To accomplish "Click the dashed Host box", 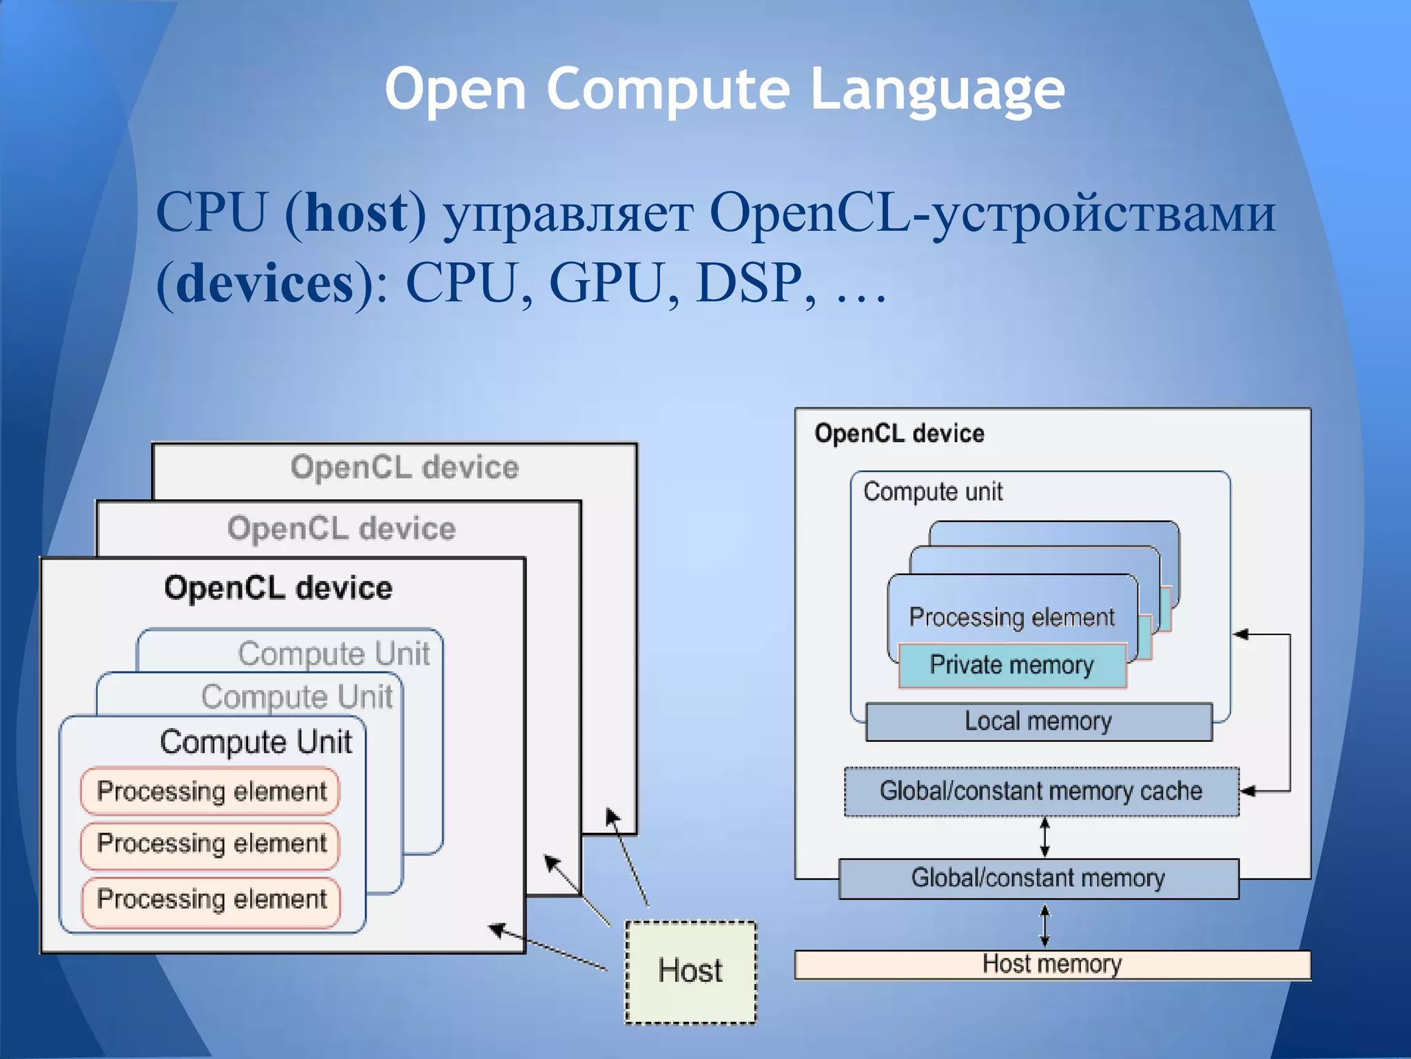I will [x=690, y=972].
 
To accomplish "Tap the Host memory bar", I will [x=1052, y=965].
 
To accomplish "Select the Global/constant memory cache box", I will [x=1040, y=791].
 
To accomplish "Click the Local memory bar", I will [x=1038, y=722].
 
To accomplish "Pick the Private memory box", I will [x=1011, y=665].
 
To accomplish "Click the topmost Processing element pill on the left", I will [x=210, y=791].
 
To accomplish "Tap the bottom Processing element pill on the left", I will [x=210, y=900].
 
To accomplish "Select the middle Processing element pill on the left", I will [x=210, y=844].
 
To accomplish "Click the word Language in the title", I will [x=937, y=90].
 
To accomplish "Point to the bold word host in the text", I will [x=356, y=213].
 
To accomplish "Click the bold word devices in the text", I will [x=265, y=283].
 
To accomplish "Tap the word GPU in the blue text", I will [x=607, y=283].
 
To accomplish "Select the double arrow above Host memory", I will [x=1044, y=925].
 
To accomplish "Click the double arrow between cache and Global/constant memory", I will [x=1044, y=837].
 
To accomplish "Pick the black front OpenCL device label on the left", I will [x=278, y=589].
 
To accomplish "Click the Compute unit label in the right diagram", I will [x=932, y=492].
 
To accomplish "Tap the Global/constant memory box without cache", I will [x=1038, y=878].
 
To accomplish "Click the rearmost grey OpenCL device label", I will [x=404, y=467].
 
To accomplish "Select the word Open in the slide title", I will [x=455, y=90].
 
